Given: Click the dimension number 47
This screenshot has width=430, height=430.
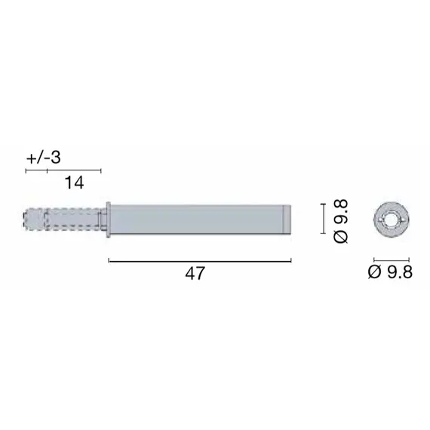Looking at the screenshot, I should coord(195,275).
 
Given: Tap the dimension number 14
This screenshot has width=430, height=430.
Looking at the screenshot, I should coord(73,183).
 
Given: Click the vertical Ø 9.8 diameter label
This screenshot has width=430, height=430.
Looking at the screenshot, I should coord(340,219).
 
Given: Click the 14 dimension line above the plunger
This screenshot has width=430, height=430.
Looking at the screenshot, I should coord(73,170).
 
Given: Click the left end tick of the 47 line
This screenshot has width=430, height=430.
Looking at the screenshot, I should coord(109,261).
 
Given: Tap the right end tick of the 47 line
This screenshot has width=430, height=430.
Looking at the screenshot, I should coord(291,261).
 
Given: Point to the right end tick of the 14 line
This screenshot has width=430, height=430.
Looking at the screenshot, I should coord(100,170).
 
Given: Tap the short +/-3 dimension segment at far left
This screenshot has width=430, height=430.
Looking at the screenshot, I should coord(36,170).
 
